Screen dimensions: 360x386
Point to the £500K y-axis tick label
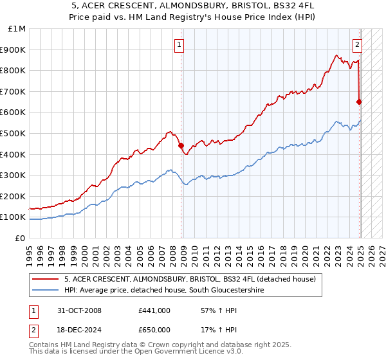pos(14,133)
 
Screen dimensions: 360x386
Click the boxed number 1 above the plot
pos(178,45)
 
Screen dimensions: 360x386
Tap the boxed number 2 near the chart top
pos(356,45)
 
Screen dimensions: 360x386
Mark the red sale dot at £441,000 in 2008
pos(181,145)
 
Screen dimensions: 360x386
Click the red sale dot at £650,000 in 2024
pos(359,102)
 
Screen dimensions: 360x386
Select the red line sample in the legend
pos(44,280)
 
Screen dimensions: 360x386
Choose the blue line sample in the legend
pos(44,291)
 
